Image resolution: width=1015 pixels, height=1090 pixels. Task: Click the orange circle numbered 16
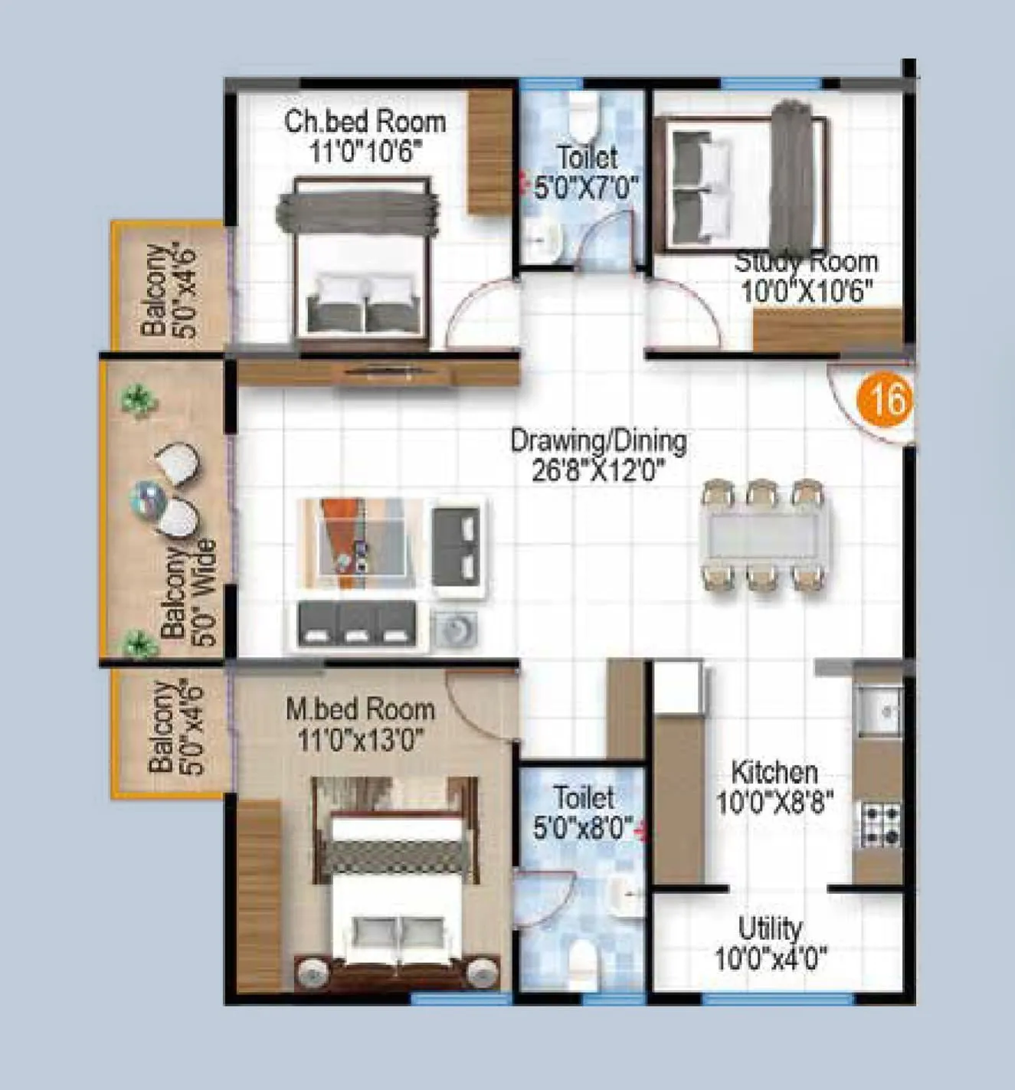889,398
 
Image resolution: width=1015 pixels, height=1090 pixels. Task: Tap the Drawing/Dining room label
598,440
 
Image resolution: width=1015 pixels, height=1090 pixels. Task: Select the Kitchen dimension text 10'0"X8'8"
774,803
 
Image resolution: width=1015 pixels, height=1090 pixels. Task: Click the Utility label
770,928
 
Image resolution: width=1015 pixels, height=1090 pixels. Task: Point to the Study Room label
807,262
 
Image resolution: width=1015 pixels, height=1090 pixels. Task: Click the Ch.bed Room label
365,121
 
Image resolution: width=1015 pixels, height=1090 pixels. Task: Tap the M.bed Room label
360,709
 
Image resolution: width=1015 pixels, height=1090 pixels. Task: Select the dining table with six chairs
765,535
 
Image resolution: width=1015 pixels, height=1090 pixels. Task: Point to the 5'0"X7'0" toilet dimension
586,187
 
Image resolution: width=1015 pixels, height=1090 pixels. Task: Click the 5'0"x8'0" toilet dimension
584,827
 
